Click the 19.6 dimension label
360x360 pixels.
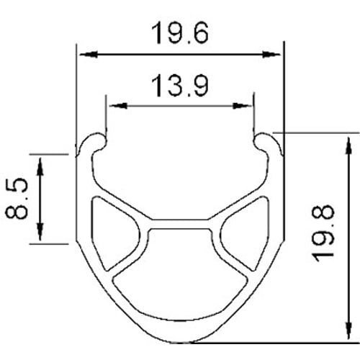tap(180, 33)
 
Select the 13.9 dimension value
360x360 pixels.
tap(180, 86)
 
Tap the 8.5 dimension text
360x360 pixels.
tap(17, 198)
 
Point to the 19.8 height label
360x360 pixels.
tap(323, 233)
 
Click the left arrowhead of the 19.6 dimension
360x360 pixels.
tap(89, 55)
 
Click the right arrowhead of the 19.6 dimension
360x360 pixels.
tap(271, 55)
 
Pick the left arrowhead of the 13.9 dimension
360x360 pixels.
tap(118, 106)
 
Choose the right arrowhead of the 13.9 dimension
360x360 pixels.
tap(243, 106)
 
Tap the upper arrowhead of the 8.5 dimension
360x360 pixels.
tap(40, 166)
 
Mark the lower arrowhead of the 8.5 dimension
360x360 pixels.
tap(40, 231)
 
